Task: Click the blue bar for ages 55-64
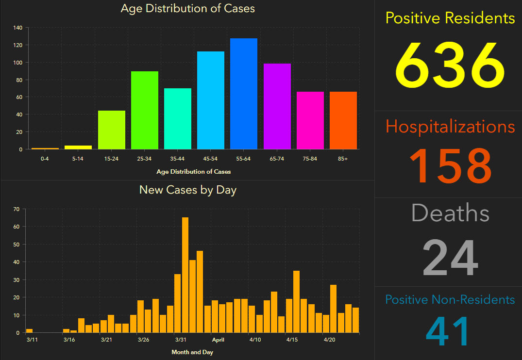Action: click(244, 94)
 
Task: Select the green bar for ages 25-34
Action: click(145, 110)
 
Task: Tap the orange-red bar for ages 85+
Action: click(343, 120)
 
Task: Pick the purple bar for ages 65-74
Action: click(277, 106)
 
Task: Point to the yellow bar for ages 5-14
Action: click(78, 147)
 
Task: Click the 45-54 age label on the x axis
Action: click(210, 159)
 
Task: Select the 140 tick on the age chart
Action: click(17, 28)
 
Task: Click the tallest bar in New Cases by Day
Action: click(185, 275)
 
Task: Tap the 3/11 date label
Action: click(32, 340)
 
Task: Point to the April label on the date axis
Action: click(218, 340)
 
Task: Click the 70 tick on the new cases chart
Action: click(16, 209)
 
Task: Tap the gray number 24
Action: click(450, 258)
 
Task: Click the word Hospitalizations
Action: click(450, 127)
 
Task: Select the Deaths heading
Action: click(450, 213)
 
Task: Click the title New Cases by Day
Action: click(187, 190)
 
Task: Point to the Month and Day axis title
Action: click(192, 352)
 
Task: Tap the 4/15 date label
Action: click(292, 340)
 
